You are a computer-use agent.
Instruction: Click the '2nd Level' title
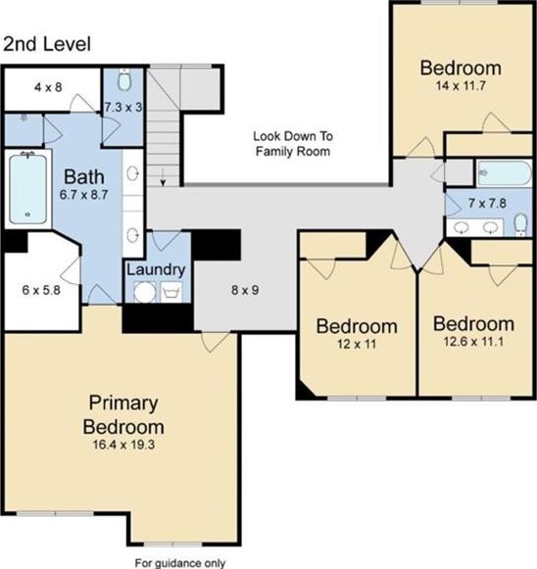tap(47, 44)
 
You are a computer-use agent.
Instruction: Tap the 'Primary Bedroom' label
tap(123, 415)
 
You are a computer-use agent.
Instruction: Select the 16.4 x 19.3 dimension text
tap(123, 445)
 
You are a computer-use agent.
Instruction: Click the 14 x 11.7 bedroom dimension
tap(461, 86)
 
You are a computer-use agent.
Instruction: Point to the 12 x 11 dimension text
tap(357, 344)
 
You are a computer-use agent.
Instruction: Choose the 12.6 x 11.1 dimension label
tap(473, 342)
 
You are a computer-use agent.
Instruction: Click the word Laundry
tap(156, 270)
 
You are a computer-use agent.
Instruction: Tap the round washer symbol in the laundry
tap(144, 293)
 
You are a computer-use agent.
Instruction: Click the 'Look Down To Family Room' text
tap(293, 144)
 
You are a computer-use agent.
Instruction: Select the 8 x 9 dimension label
tap(245, 290)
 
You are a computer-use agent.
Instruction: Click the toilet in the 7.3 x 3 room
tap(124, 80)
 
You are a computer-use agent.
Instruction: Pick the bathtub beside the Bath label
tap(28, 189)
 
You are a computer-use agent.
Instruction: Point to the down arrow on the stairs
tap(163, 177)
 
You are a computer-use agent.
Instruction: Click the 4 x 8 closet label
tap(48, 87)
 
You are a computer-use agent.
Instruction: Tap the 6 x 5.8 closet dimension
tap(41, 290)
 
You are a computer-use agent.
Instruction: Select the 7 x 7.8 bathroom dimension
tap(487, 204)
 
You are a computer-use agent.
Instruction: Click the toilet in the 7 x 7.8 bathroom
tap(520, 224)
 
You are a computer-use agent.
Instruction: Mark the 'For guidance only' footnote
tap(180, 563)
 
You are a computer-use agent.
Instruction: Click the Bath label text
tap(84, 177)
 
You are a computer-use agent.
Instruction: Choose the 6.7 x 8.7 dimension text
tap(84, 195)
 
